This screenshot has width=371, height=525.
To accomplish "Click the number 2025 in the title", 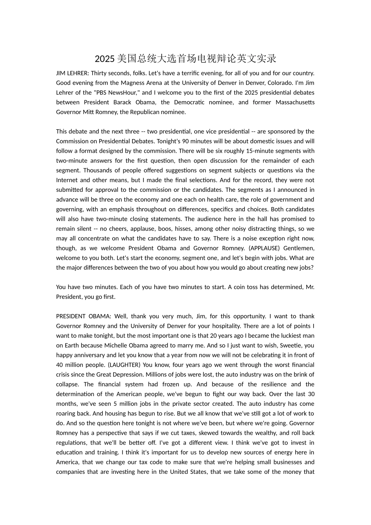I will pos(105,59).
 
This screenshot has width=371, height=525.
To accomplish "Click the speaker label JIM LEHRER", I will pos(72,73).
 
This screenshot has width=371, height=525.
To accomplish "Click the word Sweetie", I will pos(288,345).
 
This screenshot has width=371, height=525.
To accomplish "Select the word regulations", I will pos(71,443).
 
